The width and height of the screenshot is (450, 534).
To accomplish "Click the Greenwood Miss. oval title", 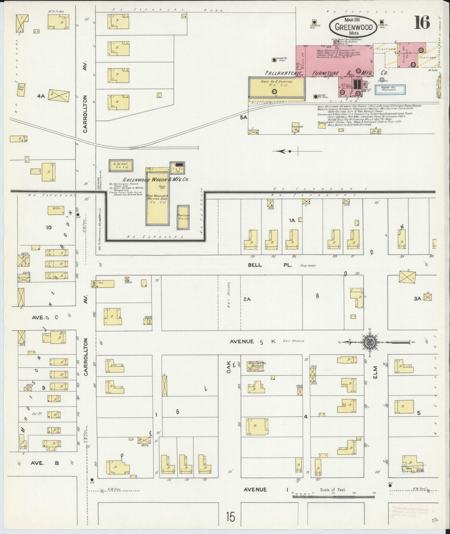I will (353, 27).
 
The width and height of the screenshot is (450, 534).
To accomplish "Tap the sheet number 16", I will (422, 22).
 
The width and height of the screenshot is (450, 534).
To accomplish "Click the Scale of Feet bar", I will (333, 495).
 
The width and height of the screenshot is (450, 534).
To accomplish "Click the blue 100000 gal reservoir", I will (390, 89).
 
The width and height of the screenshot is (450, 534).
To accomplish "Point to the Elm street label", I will (375, 372).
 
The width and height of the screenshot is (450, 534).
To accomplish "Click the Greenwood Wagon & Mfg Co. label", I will (156, 180).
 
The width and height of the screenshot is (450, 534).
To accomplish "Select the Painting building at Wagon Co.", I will (183, 217).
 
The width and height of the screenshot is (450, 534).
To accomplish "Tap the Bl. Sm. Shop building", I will (121, 165).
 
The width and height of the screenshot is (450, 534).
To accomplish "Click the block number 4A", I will (41, 96).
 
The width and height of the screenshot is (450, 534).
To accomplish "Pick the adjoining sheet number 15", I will (231, 517).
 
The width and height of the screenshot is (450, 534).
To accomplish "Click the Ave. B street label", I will (43, 463).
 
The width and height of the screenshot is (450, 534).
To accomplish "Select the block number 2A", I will (247, 299).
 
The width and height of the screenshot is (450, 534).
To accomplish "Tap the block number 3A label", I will (418, 298).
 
